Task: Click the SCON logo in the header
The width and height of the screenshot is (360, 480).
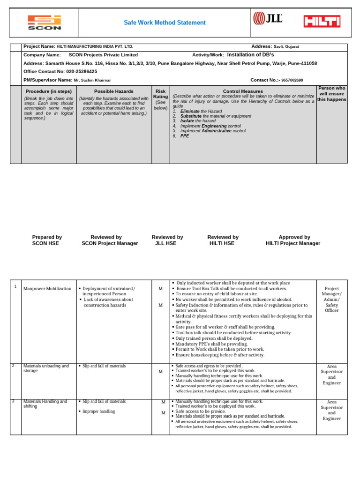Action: [44, 22]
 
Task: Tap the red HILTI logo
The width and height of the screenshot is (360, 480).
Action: [322, 21]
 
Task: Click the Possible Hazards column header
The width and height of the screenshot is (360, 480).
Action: [114, 91]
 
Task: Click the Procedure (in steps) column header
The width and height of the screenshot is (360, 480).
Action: [49, 91]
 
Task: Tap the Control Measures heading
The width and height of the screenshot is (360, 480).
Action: [243, 91]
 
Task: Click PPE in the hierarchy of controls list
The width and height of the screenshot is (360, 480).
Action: [185, 136]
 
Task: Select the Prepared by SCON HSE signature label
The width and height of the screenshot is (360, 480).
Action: [47, 240]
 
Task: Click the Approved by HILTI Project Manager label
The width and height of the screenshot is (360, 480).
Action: [293, 240]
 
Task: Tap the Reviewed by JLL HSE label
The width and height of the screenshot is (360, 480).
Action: [167, 240]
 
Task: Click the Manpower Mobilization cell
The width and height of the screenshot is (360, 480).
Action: [47, 289]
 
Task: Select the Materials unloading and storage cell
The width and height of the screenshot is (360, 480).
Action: [46, 368]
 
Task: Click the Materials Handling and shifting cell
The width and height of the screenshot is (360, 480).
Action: [45, 404]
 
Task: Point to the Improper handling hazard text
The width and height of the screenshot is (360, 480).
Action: [99, 412]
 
